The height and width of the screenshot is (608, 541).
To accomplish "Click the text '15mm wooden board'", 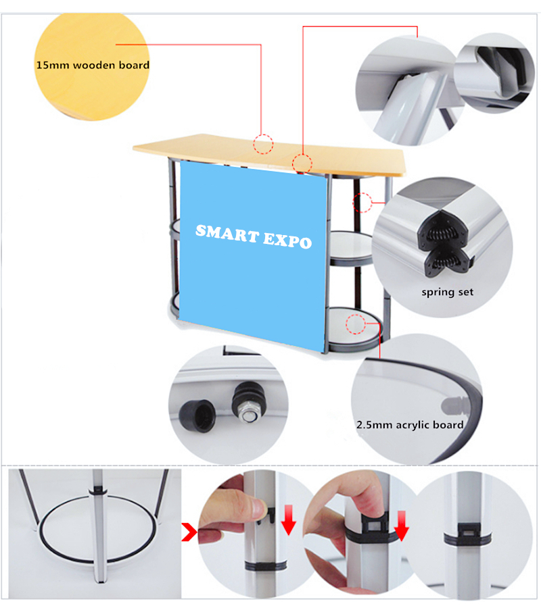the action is tap(93, 65).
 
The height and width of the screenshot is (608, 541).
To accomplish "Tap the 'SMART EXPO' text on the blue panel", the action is tap(254, 236).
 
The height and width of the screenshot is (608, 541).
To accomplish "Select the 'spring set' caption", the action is tap(448, 292).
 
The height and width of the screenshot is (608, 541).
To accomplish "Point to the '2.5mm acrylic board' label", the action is tap(410, 425).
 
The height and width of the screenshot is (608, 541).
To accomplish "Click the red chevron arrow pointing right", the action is tap(189, 532).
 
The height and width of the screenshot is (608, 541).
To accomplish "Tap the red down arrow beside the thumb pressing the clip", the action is tap(288, 520).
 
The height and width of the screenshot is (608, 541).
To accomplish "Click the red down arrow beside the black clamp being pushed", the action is tap(401, 526).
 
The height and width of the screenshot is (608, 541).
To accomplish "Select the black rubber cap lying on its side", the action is tap(197, 415).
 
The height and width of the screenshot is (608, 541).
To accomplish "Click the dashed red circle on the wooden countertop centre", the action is tap(263, 145).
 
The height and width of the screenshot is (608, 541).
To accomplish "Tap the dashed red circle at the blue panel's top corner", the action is tap(302, 163).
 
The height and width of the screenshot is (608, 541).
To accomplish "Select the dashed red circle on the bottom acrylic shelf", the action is tap(356, 324).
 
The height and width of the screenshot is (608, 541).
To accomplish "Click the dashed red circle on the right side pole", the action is tap(362, 202).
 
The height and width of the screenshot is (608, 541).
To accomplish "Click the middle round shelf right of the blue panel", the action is tap(351, 248).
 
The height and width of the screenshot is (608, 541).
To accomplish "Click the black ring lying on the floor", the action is tap(98, 529).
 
